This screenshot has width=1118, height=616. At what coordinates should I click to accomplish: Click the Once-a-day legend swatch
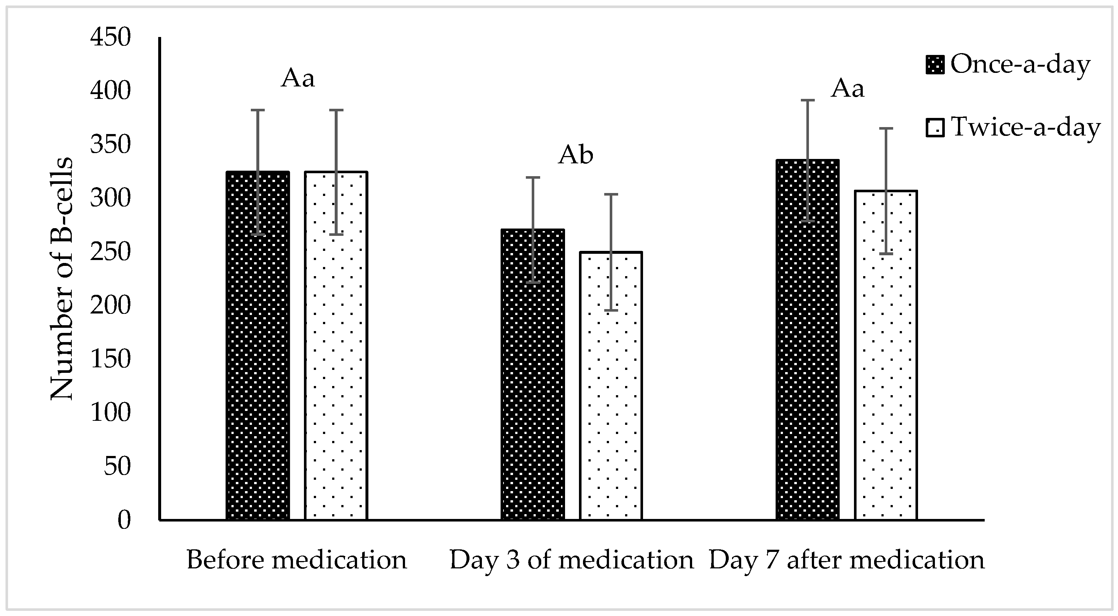tap(935, 65)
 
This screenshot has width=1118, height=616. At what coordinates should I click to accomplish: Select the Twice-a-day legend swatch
tap(935, 128)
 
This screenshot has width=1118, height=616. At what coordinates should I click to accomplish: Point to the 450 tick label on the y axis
tap(110, 37)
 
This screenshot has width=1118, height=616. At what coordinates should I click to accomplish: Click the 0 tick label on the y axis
tap(124, 520)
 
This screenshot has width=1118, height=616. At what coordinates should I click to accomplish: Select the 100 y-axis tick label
tap(110, 413)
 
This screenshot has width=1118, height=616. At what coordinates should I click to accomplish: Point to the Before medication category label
tap(297, 560)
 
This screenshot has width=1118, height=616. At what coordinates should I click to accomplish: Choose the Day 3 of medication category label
tap(572, 560)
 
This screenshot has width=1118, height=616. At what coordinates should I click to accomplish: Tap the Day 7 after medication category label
tap(847, 560)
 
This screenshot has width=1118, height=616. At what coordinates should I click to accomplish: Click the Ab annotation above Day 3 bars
tap(576, 155)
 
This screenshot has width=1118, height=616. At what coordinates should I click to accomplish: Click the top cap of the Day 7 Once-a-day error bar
tap(808, 100)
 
